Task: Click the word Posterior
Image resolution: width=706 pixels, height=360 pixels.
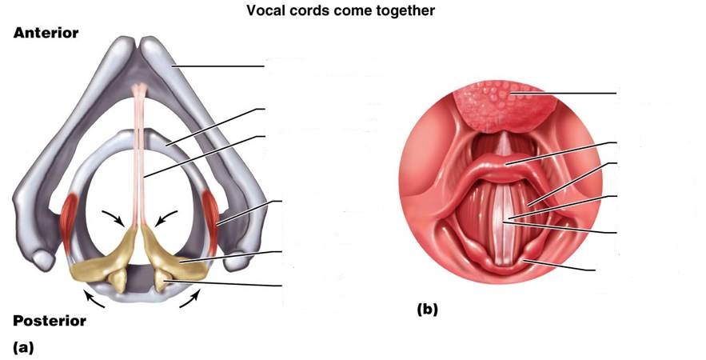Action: pyautogui.click(x=50, y=321)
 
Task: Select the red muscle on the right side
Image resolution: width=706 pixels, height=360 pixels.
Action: pyautogui.click(x=213, y=216)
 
